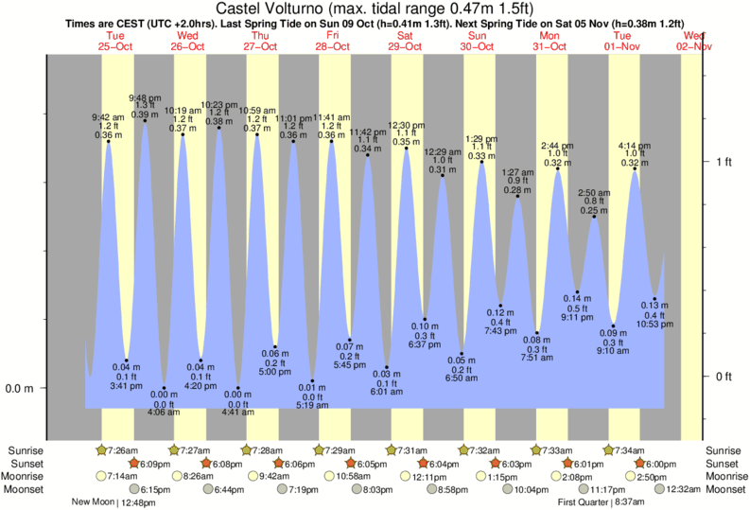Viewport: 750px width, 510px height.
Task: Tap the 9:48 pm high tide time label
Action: (145, 97)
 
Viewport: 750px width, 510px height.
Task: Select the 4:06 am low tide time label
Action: (164, 413)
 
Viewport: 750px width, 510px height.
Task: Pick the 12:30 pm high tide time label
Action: (407, 125)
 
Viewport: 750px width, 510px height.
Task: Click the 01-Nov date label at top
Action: (622, 45)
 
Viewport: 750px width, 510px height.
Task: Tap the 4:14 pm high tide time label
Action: (635, 146)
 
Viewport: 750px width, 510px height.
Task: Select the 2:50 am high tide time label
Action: (595, 193)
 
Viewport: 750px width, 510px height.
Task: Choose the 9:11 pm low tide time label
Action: (578, 317)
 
